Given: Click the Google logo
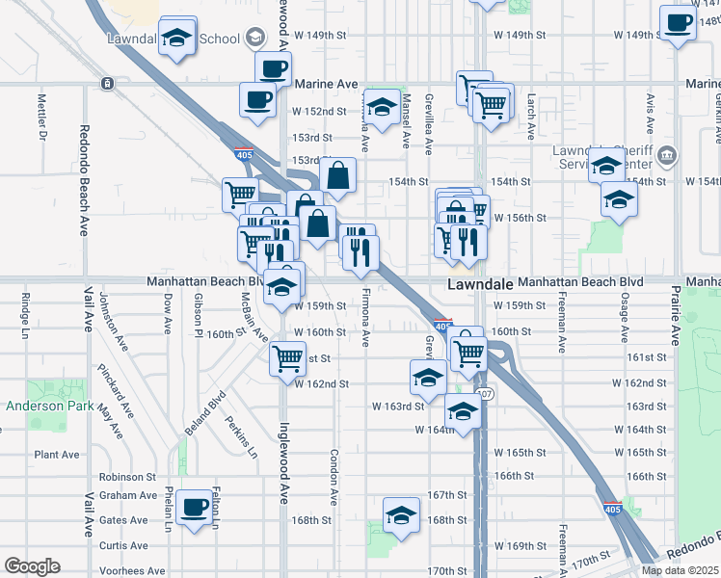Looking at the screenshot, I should click(32, 566).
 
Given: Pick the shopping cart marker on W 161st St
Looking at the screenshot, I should click(288, 358).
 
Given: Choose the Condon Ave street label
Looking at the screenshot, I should click(334, 477).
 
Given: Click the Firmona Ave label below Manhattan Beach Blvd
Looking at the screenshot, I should click(365, 317).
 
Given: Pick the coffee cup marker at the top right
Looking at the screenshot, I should click(678, 22).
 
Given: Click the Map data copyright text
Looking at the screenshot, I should click(679, 570).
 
